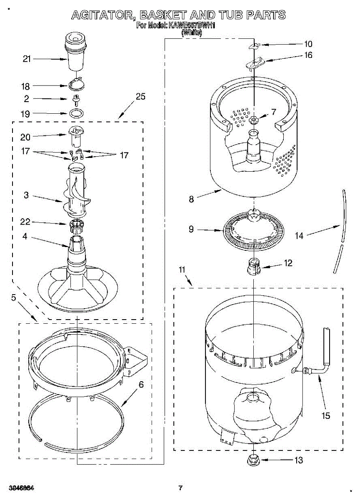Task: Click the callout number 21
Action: (27, 59)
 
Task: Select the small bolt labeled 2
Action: (76, 99)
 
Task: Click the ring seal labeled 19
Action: (76, 113)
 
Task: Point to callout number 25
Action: (140, 97)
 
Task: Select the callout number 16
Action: (308, 55)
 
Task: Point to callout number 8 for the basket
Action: (191, 199)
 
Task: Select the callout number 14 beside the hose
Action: (299, 235)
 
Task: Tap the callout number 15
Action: (325, 415)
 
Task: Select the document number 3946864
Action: (20, 487)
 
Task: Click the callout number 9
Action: (191, 229)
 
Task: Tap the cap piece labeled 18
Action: (76, 84)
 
